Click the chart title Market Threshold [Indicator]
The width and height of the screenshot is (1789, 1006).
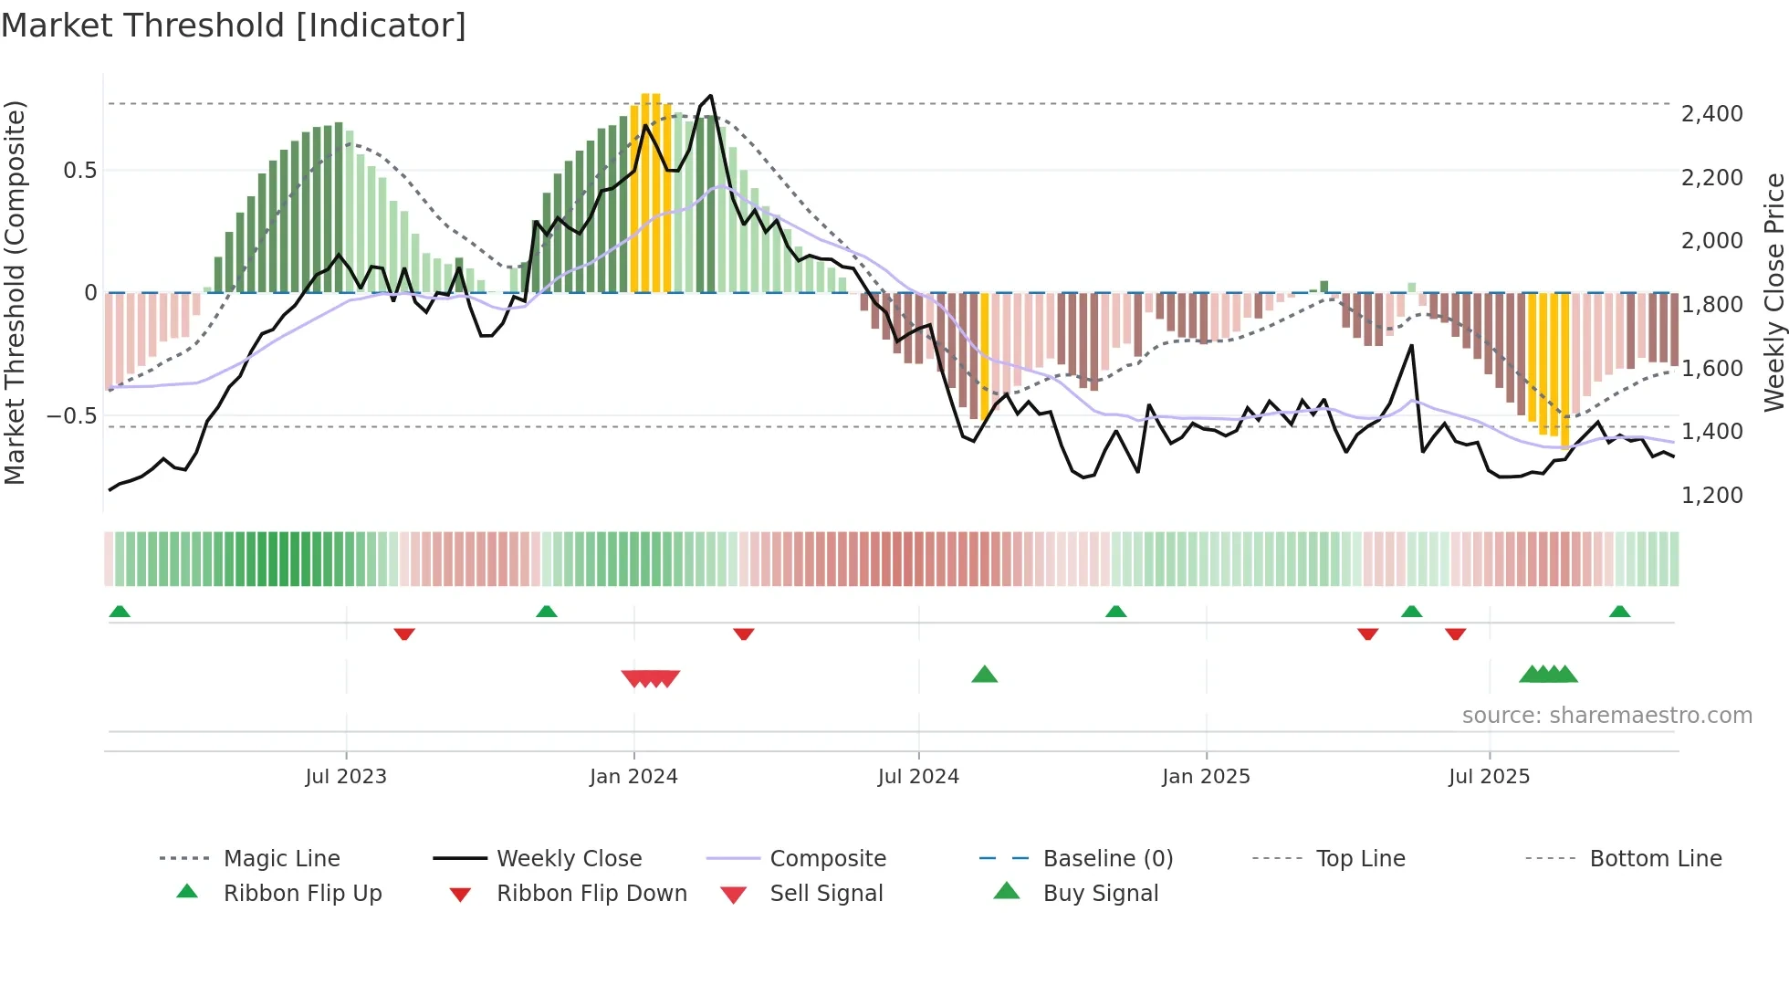(x=234, y=26)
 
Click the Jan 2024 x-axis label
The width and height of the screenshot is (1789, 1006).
(x=633, y=777)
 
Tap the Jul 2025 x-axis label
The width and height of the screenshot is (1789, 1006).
(x=1489, y=777)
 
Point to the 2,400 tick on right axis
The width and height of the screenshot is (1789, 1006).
(x=1711, y=114)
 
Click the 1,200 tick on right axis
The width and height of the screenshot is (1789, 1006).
(x=1711, y=496)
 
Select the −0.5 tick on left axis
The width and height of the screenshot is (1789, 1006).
(x=71, y=416)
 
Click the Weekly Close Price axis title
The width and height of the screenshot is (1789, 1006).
(x=1773, y=292)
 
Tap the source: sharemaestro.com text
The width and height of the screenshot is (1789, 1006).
(x=1606, y=716)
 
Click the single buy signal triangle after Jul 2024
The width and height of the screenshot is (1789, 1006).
(x=984, y=675)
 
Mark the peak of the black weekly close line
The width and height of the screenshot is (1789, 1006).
(x=711, y=96)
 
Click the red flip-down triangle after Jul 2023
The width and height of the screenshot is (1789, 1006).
(x=404, y=634)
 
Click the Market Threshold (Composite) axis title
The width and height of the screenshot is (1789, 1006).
(x=15, y=292)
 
